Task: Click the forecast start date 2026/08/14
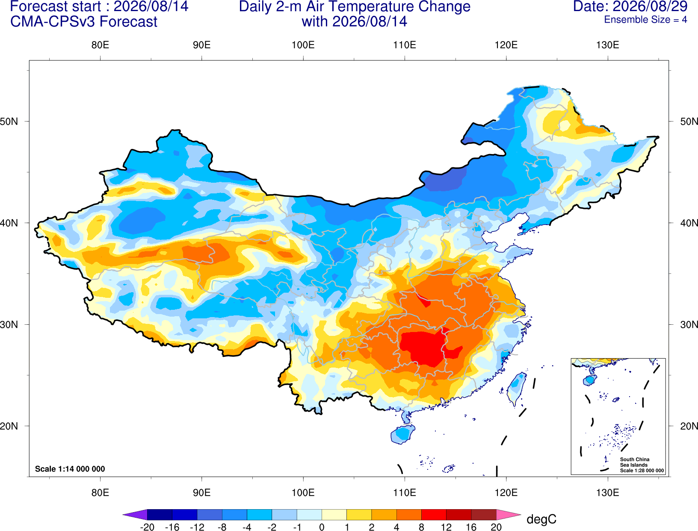[x=151, y=6]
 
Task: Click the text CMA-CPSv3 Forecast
[x=84, y=22]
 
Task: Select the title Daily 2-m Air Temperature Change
[x=355, y=6]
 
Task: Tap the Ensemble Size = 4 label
[x=645, y=20]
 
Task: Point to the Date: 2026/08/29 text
[x=630, y=6]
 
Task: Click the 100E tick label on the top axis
[x=303, y=45]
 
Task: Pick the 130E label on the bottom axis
[x=607, y=493]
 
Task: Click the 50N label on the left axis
[x=9, y=121]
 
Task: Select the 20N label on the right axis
[x=689, y=426]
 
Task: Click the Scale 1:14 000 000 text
[x=70, y=469]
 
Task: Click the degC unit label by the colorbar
[x=541, y=519]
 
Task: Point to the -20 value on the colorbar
[x=147, y=527]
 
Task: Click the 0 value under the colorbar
[x=322, y=527]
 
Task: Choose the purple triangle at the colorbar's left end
[x=135, y=514]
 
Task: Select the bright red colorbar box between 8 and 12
[x=434, y=514]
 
